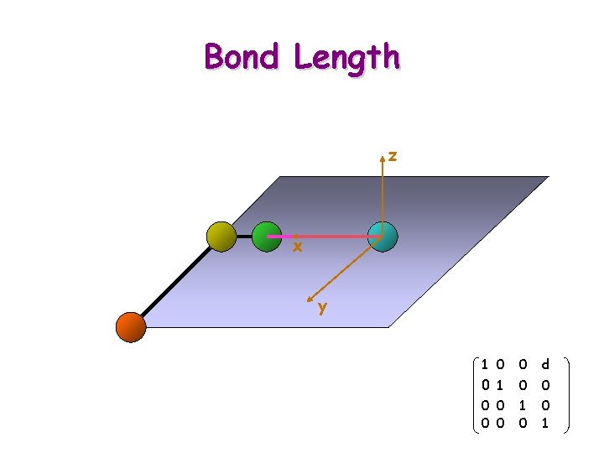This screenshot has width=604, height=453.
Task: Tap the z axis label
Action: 393,155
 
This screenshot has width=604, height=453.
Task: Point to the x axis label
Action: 296,247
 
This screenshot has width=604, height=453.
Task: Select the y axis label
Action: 322,307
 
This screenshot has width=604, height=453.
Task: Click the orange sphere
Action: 131,326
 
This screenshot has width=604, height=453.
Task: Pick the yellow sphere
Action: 222,237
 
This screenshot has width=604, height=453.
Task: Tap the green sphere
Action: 266,237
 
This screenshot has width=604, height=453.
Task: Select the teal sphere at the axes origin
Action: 383,237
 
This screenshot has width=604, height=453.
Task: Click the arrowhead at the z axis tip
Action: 383,157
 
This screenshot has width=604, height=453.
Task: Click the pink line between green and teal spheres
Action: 327,237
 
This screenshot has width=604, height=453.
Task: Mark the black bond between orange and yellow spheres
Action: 176,282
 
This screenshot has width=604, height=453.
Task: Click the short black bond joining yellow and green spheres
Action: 244,237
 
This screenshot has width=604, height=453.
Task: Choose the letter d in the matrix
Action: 545,365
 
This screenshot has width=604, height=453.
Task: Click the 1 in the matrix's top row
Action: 485,365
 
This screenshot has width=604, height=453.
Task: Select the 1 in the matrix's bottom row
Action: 545,424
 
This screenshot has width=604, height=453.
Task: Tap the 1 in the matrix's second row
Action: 500,385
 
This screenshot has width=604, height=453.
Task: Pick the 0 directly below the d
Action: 545,385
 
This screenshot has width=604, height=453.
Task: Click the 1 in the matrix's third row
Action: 523,405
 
